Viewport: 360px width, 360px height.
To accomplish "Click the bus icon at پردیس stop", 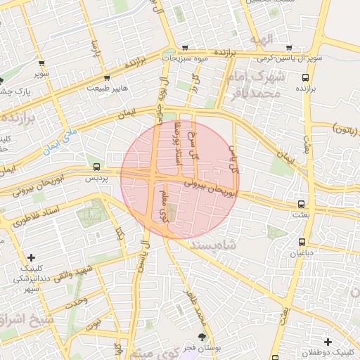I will click(x=96, y=167).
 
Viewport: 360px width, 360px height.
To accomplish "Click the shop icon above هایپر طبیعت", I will click(x=107, y=78).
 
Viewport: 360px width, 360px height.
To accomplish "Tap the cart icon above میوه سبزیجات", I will click(x=185, y=48).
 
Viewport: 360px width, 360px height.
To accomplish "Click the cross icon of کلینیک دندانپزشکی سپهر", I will click(x=32, y=257).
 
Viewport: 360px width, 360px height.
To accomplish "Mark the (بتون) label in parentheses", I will click(x=343, y=131).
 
